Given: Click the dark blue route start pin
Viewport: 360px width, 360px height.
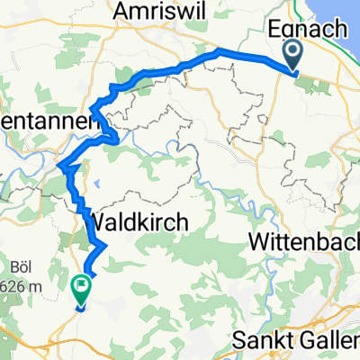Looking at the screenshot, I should (294, 58).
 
